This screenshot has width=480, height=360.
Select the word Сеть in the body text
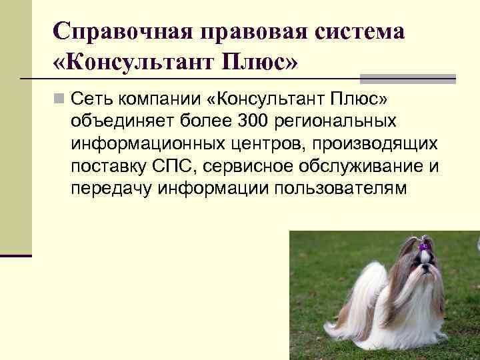pyautogui.click(x=93, y=100)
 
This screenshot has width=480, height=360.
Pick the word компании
pyautogui.click(x=162, y=100)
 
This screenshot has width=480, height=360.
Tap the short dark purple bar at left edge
pyautogui.click(x=16, y=255)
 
